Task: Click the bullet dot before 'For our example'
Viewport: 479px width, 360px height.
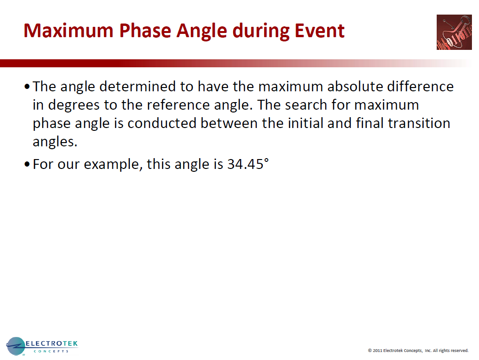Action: pos(27,165)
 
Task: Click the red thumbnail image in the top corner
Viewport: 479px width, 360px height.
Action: pos(454,32)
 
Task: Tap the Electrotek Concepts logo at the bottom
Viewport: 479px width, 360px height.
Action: pos(42,346)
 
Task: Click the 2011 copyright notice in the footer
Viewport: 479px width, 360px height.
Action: pos(418,351)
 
